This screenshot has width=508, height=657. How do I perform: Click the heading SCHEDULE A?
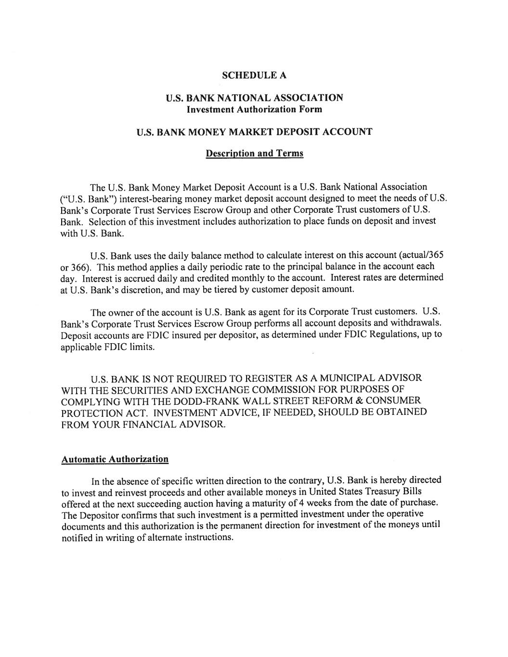click(254, 75)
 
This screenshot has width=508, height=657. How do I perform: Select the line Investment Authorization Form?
click(254, 109)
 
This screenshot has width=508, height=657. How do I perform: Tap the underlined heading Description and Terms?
click(254, 154)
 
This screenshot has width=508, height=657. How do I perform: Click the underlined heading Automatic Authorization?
click(115, 459)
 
